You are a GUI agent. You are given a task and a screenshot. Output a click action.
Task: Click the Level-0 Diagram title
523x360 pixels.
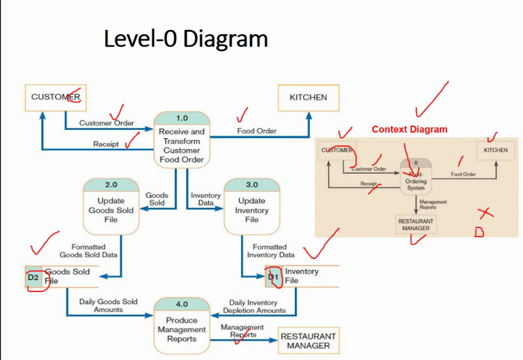click(186, 39)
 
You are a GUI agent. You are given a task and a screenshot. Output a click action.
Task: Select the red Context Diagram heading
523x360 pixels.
click(409, 129)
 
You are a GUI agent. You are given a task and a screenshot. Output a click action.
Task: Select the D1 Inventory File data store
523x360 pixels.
click(302, 276)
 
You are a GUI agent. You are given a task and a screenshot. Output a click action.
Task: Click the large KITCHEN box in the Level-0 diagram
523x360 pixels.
click(308, 98)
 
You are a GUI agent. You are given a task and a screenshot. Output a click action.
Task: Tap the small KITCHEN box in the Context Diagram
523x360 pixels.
click(495, 151)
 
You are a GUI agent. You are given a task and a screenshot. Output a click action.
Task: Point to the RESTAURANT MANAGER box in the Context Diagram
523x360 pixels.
click(416, 225)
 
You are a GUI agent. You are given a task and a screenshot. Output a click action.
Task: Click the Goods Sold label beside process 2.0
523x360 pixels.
click(157, 199)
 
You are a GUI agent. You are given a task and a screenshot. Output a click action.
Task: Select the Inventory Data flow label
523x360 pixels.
click(206, 199)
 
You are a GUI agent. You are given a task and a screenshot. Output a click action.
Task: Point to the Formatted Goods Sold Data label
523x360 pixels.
click(88, 250)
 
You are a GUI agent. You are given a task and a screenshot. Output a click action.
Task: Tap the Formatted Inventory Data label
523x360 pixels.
click(271, 250)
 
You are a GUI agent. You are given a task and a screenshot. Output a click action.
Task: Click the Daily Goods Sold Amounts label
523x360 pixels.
click(108, 305)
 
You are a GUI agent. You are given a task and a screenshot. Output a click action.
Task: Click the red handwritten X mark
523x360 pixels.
click(485, 213)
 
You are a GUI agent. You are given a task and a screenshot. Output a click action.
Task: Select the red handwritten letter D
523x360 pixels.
click(479, 233)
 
